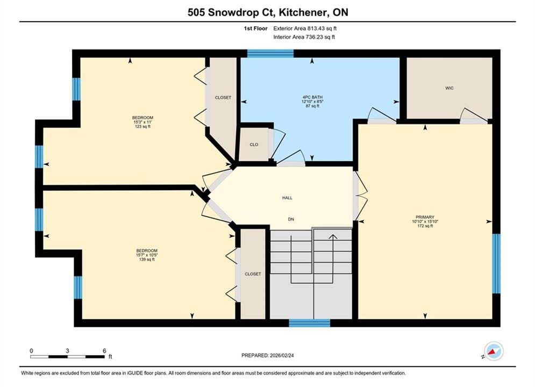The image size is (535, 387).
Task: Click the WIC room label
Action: click(450, 88)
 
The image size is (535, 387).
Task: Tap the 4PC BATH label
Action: click(312, 97)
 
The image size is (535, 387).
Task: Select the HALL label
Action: click(287, 198)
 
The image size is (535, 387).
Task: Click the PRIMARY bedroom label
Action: click(425, 217)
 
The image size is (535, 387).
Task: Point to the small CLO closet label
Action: click(254, 145)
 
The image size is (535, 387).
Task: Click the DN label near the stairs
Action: click(291, 219)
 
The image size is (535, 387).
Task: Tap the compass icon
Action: click(493, 351)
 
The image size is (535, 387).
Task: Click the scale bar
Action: click(67, 357)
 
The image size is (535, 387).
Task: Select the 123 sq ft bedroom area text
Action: click(142, 126)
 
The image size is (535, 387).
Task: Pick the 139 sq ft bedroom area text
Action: click(147, 260)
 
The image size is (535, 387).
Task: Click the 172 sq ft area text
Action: click(425, 226)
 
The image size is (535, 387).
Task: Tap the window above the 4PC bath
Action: click(270, 54)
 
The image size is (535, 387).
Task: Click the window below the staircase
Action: click(310, 323)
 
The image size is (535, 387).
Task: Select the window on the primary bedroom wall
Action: click(496, 263)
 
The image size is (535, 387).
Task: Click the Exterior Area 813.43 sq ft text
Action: click(305, 28)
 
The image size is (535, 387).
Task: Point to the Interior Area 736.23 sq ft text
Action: click(304, 37)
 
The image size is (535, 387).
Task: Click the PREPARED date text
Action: click(268, 355)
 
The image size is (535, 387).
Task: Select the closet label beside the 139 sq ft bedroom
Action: click(253, 274)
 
